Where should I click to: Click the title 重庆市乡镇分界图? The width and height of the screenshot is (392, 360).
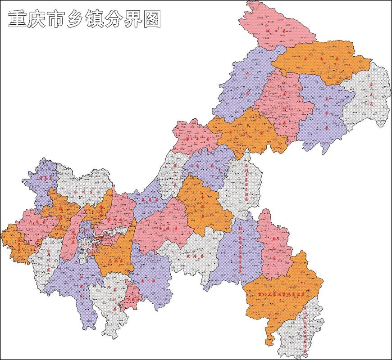coord(85,20)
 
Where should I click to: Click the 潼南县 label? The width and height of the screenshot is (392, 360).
coord(46,178)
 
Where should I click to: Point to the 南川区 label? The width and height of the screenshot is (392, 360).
coord(148,279)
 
